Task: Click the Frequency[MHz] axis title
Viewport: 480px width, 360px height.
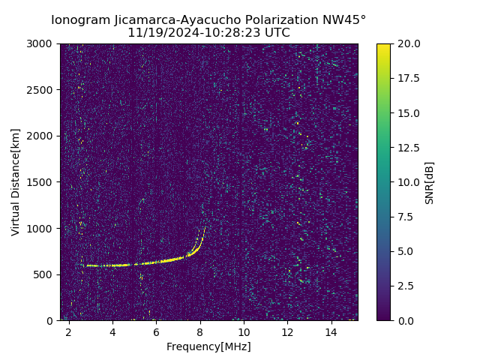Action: [x=208, y=346]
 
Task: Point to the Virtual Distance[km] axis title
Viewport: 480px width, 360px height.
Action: [x=16, y=182]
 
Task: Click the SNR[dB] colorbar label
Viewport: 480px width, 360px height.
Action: [x=430, y=182]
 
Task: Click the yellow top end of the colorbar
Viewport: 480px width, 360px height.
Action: [x=383, y=46]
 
